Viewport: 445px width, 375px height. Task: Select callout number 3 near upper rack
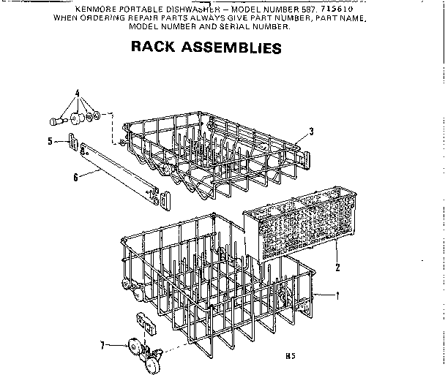click(311, 132)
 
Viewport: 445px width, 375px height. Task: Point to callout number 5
click(50, 141)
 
